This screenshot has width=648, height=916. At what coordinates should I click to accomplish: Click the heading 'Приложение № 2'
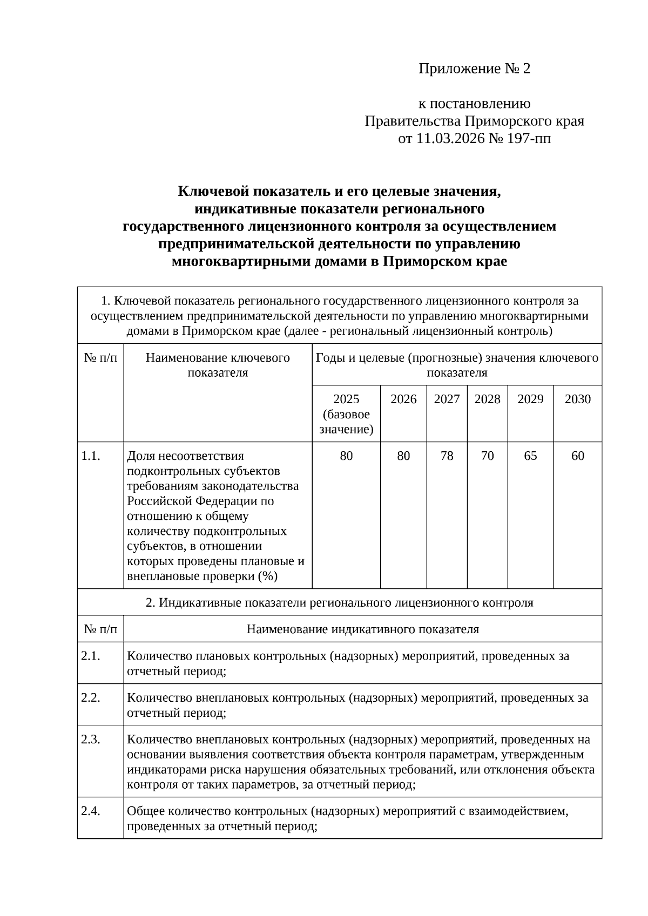(x=475, y=69)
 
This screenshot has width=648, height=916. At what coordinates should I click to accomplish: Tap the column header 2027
(x=447, y=399)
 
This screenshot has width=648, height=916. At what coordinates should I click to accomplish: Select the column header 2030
(x=577, y=399)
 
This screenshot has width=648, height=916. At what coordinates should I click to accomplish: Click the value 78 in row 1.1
(x=447, y=456)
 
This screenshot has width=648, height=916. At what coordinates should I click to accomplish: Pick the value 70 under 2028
(x=487, y=456)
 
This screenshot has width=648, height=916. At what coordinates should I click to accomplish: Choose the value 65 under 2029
(x=530, y=456)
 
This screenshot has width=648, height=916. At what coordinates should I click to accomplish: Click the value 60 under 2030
(x=577, y=456)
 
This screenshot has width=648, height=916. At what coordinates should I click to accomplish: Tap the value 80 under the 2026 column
(x=403, y=456)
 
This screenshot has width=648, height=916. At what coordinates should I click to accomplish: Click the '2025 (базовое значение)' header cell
(x=346, y=414)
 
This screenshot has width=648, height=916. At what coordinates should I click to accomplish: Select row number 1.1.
(x=91, y=456)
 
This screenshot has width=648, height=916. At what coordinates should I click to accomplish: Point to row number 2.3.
(x=91, y=739)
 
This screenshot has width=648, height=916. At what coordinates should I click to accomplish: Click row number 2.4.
(x=91, y=811)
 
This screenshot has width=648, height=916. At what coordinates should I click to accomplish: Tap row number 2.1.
(x=91, y=656)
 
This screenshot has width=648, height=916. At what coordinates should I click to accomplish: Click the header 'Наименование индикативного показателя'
(x=362, y=629)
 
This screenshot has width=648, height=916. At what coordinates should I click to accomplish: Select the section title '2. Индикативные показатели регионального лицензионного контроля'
(x=339, y=602)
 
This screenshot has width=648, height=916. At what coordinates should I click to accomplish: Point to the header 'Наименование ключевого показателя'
(x=218, y=365)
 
